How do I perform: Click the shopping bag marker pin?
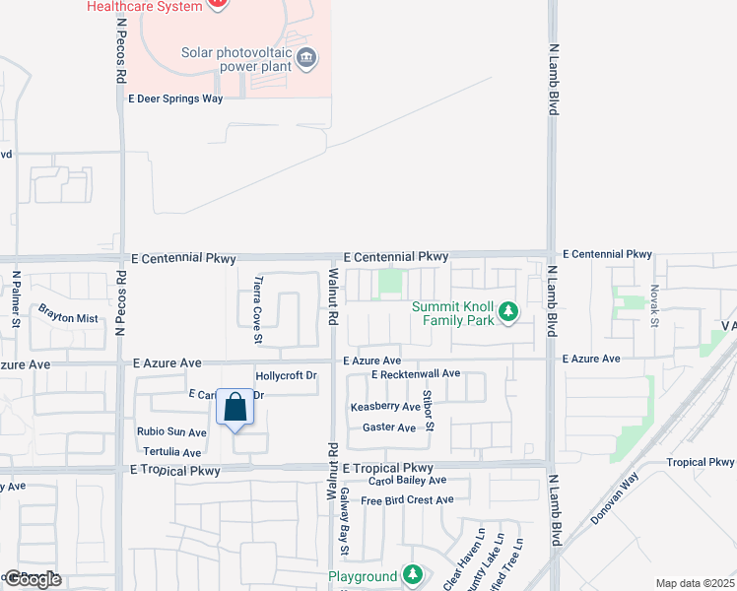234,408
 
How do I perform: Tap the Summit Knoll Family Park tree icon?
508,312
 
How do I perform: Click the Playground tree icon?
413,575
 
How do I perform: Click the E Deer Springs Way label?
176,98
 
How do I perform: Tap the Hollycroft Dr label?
286,376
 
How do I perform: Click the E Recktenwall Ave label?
417,374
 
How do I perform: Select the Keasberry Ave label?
385,407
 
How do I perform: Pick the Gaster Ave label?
389,427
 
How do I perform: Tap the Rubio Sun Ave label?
172,431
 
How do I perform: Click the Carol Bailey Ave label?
407,481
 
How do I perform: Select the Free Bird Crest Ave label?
407,500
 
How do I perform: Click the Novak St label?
653,304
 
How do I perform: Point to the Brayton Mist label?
68,318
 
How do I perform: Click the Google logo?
33,578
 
